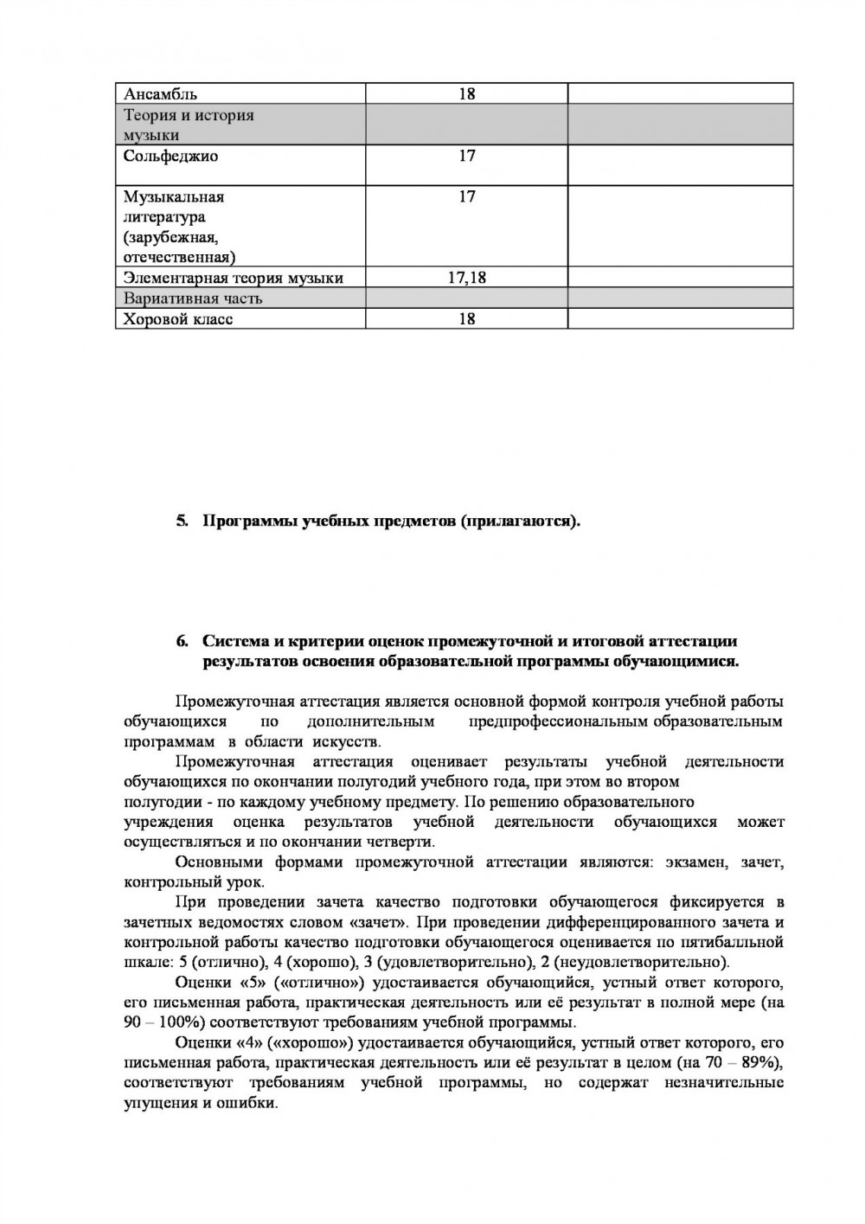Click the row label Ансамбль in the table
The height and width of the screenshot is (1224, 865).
coord(160,93)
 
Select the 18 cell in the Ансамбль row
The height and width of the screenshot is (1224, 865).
coord(467,93)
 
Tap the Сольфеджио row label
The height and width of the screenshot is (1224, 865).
coord(170,157)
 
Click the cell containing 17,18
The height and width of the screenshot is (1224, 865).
coord(467,278)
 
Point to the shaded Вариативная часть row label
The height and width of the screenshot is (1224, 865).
coord(193,298)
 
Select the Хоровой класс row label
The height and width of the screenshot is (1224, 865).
coord(178,319)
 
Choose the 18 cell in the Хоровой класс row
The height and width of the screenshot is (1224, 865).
coord(467,319)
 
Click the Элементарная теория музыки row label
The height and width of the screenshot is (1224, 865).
coord(234,278)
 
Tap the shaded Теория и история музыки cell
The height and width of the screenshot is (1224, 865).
coord(189,125)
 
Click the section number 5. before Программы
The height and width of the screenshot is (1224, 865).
coord(182,521)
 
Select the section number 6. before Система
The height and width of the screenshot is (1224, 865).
coord(182,641)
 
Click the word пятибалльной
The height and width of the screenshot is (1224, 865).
coord(739,942)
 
